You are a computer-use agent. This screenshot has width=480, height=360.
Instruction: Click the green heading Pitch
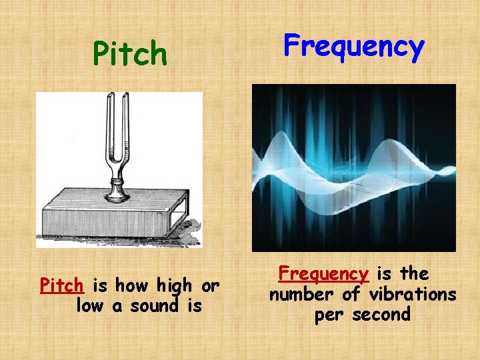click(130, 54)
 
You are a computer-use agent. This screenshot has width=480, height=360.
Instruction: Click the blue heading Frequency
click(353, 47)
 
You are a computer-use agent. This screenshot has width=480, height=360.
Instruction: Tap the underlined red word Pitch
click(62, 286)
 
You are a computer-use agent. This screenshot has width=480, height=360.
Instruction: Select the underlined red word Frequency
click(323, 274)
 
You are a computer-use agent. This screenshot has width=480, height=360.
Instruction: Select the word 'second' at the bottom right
click(380, 315)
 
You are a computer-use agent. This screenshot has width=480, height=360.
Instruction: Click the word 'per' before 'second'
click(329, 315)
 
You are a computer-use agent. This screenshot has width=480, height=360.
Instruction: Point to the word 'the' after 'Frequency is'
click(415, 273)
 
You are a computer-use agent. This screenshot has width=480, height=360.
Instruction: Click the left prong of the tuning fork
click(107, 127)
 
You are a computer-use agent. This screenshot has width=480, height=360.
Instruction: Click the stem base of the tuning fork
click(117, 193)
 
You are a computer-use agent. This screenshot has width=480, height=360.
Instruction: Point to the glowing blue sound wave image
click(353, 167)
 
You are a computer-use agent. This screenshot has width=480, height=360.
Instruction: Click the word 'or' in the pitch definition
click(210, 287)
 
